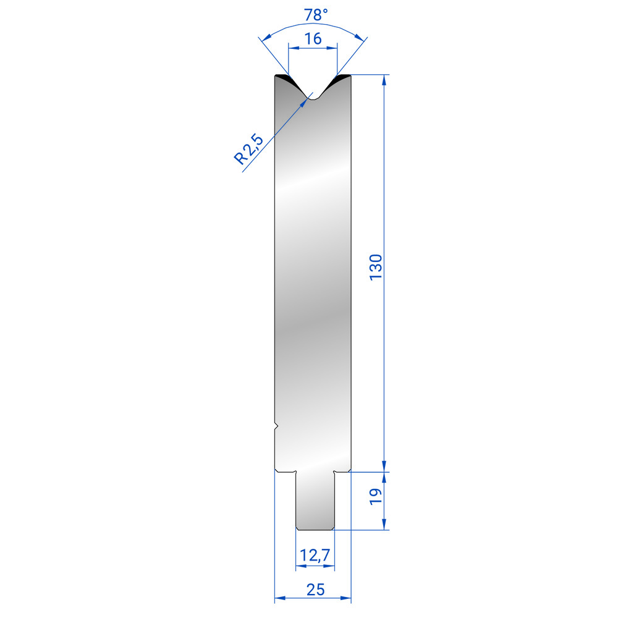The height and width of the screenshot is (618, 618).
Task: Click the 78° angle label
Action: pos(316,15)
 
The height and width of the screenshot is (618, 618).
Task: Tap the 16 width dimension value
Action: pos(313,38)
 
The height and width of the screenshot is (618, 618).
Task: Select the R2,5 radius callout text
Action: pos(248,149)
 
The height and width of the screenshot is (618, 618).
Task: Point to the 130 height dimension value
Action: pos(376,267)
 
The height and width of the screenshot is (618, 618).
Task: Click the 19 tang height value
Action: pos(376,497)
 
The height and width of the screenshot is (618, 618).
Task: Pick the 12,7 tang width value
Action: pos(315,556)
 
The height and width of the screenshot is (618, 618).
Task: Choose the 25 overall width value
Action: pos(315,590)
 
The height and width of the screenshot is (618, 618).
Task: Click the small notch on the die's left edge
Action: pos(276,426)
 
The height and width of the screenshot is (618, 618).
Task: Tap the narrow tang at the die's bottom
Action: pos(315,501)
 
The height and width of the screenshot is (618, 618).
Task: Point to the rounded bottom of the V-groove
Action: pos(313,98)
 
